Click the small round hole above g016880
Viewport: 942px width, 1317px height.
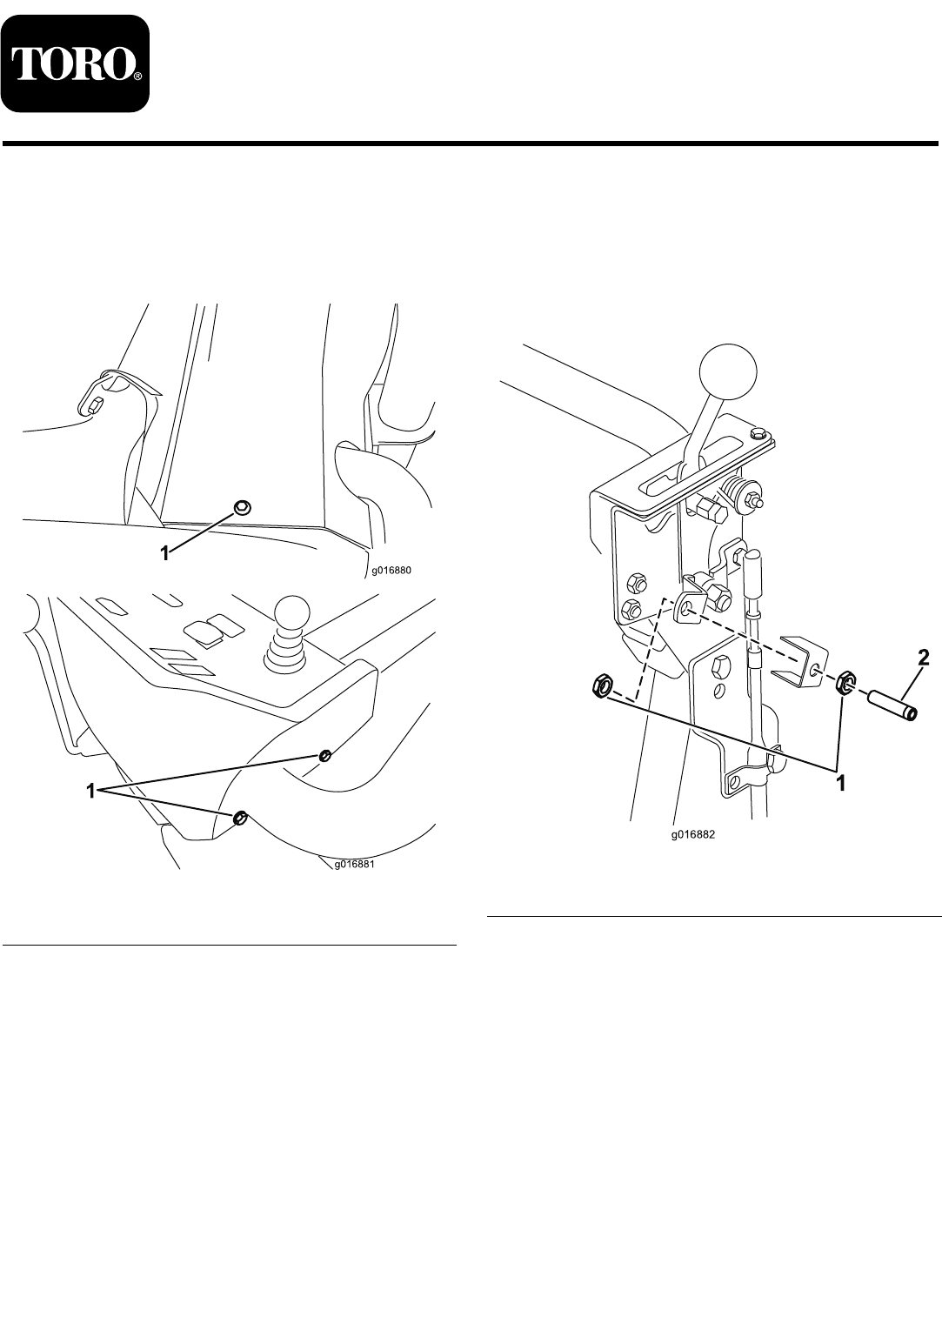(x=243, y=507)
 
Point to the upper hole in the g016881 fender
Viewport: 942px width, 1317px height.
(x=324, y=755)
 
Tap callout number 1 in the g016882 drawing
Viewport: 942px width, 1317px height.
(x=841, y=783)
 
